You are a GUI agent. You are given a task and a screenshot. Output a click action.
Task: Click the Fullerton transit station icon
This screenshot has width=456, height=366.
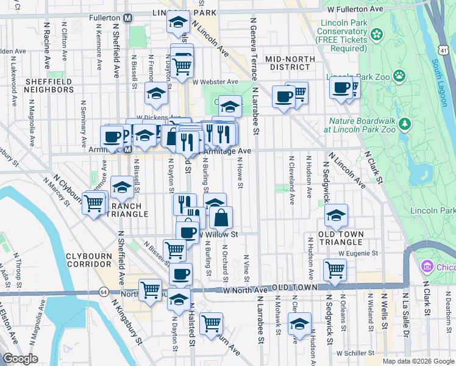click(127, 18)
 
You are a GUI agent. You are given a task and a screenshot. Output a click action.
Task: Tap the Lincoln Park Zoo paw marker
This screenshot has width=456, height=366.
click(399, 76)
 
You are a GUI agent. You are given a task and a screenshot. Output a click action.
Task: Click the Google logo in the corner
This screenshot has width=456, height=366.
click(20, 359)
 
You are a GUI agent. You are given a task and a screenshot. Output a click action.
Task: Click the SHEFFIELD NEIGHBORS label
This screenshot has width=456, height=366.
click(49, 85)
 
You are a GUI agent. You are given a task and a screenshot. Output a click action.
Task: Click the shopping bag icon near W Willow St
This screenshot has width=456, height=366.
click(221, 217)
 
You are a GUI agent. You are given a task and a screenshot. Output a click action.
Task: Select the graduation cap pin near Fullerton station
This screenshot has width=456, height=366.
click(177, 23)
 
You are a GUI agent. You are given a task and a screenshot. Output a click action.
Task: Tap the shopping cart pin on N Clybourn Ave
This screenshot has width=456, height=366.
click(211, 323)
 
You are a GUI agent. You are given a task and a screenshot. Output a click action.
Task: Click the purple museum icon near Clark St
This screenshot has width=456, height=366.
click(426, 267)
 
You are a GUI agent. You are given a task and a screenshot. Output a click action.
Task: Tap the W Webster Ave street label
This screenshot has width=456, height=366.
click(215, 81)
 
